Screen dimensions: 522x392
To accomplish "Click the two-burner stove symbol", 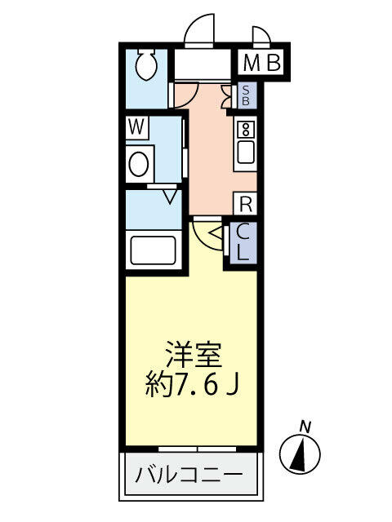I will pyautogui.click(x=245, y=129).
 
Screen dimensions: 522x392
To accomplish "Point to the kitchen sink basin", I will pyautogui.click(x=245, y=152).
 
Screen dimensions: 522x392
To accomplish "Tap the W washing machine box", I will pyautogui.click(x=137, y=127).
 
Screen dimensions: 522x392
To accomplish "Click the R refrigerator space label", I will pyautogui.click(x=245, y=203).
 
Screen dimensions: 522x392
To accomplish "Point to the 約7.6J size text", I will pyautogui.click(x=193, y=383).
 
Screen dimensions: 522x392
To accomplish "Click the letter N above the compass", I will pyautogui.click(x=305, y=425).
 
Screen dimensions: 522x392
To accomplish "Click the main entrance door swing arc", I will pyautogui.click(x=199, y=31).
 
